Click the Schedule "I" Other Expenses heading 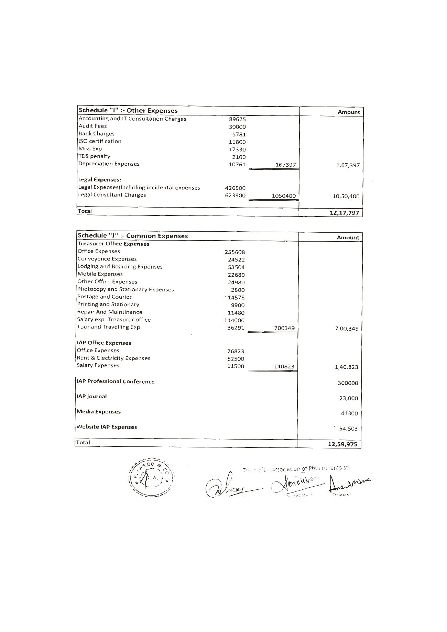pyautogui.click(x=128, y=111)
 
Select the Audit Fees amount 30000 pyautogui.click(x=237, y=127)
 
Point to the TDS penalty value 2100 pyautogui.click(x=239, y=157)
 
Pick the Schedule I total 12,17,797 pyautogui.click(x=344, y=213)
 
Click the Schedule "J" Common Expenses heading pyautogui.click(x=133, y=236)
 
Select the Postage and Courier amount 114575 pyautogui.click(x=235, y=298)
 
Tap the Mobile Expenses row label pyautogui.click(x=100, y=274)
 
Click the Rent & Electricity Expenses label pyautogui.click(x=113, y=358)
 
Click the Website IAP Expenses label pyautogui.click(x=107, y=427)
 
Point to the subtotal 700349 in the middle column pyautogui.click(x=284, y=328)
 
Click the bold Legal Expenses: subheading pyautogui.click(x=99, y=180)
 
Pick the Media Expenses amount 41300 pyautogui.click(x=349, y=413)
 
